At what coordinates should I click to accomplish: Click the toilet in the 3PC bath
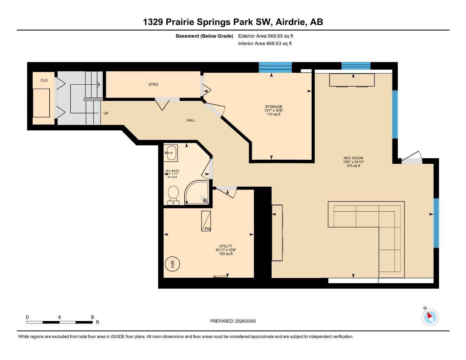pos(173,194)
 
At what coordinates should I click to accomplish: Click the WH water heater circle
pos(172,264)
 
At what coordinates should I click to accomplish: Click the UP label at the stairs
pos(106,114)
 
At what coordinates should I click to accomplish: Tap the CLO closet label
pos(44,81)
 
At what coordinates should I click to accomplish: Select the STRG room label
pos(153,84)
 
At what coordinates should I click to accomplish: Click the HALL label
pos(191,120)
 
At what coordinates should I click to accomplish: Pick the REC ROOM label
pos(353,158)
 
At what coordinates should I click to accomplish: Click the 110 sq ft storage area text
pos(274,114)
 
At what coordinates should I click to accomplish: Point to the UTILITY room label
pos(225,246)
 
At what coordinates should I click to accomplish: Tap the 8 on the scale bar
pos(92,317)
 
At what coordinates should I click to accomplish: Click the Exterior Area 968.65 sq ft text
pos(266,36)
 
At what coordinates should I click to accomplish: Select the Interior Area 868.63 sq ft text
pos(265,44)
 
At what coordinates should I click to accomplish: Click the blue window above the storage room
pos(275,67)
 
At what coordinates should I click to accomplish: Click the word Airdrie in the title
pos(291,22)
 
